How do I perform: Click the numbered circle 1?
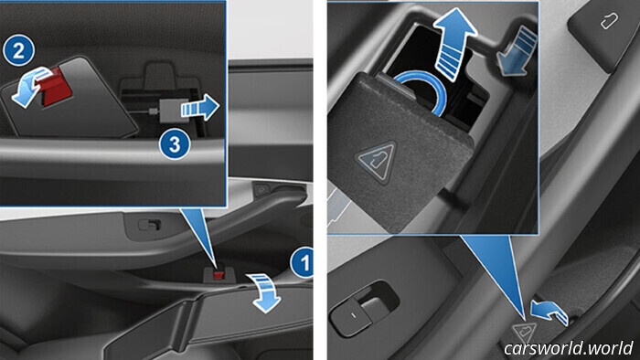click(x=303, y=262)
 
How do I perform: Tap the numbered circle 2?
click(x=19, y=50)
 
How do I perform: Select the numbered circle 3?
click(x=175, y=144)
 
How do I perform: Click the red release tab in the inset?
click(x=53, y=87)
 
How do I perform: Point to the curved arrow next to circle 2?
click(x=32, y=87)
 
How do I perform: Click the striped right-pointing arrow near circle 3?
click(x=200, y=108)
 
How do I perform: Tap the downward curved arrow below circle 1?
click(x=264, y=292)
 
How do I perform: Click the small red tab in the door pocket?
click(x=219, y=275)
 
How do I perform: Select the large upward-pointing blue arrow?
click(x=453, y=44)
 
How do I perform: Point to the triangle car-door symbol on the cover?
click(x=377, y=162)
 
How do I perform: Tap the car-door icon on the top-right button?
click(x=610, y=21)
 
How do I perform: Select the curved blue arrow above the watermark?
click(x=549, y=311)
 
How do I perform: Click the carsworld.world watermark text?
click(x=568, y=348)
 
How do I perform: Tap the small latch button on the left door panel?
click(x=149, y=225)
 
